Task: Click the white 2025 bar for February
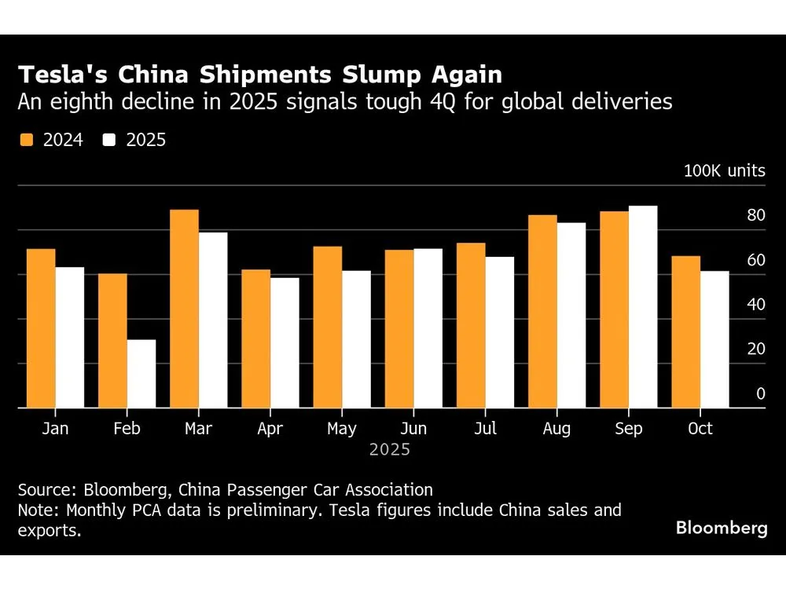point(141,374)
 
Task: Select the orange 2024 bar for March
point(184,309)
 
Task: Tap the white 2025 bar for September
point(643,307)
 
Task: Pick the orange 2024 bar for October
point(686,332)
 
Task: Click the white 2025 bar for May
point(356,339)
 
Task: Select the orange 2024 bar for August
point(542,311)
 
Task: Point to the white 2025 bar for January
point(69,338)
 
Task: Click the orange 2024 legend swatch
point(26,141)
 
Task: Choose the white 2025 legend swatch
point(109,141)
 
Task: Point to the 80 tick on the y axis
point(755,216)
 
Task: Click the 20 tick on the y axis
point(755,349)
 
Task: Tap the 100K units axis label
point(723,170)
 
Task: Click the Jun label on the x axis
point(413,429)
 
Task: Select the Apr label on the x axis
point(270,429)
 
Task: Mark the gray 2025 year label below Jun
point(390,451)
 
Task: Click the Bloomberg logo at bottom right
point(721,528)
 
